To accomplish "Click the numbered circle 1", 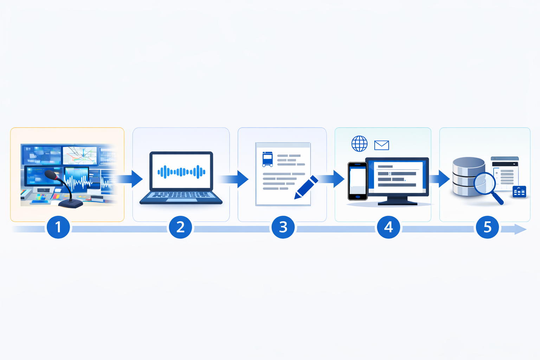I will tap(58, 227).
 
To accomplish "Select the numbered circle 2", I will tap(180, 227).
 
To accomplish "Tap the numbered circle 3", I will tap(283, 227).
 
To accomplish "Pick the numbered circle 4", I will tap(388, 227).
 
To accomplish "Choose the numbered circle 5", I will tap(487, 227).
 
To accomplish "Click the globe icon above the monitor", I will tap(359, 144).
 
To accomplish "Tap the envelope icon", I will tap(381, 145).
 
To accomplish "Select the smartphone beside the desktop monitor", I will tap(358, 181).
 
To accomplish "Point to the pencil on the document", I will tap(306, 188).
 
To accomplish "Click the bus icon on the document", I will tap(268, 159).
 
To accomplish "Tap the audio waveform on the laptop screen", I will tap(181, 172).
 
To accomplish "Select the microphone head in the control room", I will tap(51, 175).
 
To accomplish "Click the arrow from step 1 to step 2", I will tap(132, 179).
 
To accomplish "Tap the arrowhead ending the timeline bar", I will tap(520, 229).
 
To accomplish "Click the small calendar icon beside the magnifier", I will tap(519, 192).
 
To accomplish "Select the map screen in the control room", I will tap(80, 155).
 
